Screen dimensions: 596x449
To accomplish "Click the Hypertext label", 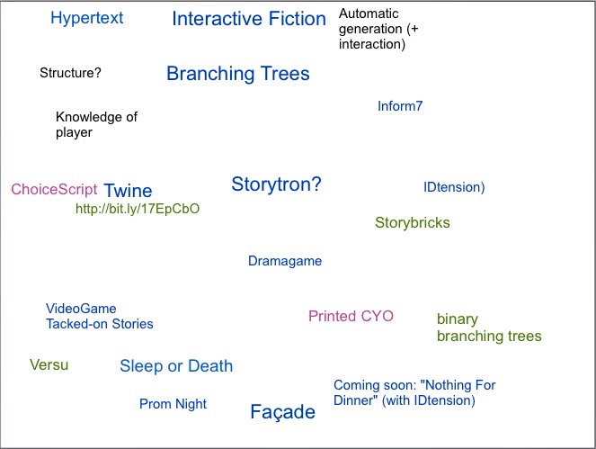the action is [x=87, y=18].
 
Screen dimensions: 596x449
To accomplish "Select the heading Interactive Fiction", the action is [x=249, y=19].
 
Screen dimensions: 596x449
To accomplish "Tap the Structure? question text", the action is [x=70, y=73].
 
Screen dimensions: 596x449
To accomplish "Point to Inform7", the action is [x=400, y=106].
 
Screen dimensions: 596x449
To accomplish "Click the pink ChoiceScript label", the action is [x=54, y=189].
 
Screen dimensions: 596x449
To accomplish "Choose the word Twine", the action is [x=128, y=191].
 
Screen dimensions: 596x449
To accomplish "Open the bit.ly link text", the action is [x=138, y=209].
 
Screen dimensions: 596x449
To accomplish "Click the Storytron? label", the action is [x=276, y=184].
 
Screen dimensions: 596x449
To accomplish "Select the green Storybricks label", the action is [x=413, y=222].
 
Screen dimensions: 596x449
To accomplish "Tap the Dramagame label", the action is [x=285, y=261].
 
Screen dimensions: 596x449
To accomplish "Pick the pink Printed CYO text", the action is [x=351, y=316].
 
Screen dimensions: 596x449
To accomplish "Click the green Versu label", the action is [x=49, y=365].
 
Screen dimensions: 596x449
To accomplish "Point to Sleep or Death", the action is [x=176, y=366].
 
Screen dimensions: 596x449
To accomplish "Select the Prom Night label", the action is [x=173, y=404].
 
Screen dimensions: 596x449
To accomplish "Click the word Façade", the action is [x=283, y=412].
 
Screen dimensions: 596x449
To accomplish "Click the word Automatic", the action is [x=369, y=13].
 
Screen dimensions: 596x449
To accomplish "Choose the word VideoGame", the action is [x=81, y=309].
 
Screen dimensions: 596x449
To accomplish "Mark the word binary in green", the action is [x=458, y=319].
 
